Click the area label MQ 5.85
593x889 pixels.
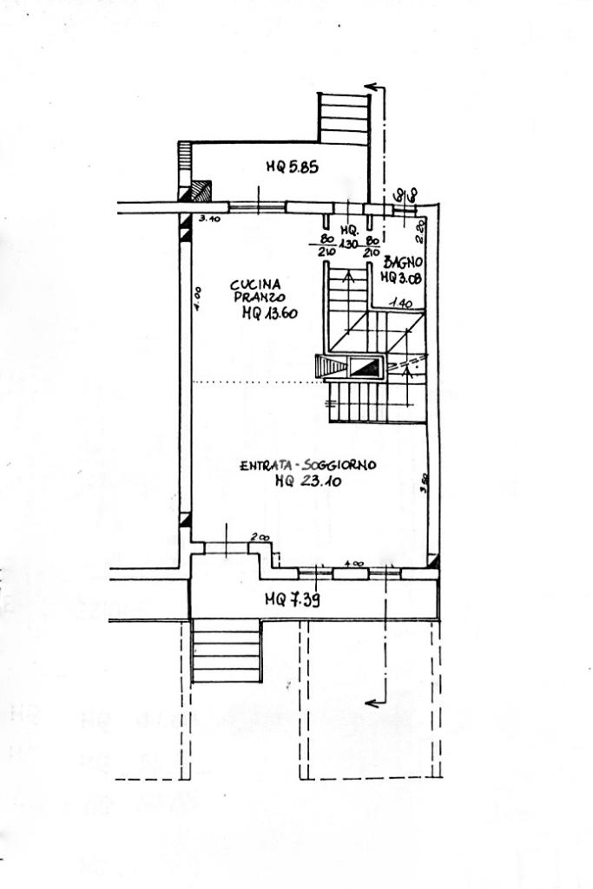[x=292, y=167]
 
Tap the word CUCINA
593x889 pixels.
[x=255, y=284]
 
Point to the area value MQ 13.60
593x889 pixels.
[x=269, y=314]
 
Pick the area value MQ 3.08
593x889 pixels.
[x=401, y=278]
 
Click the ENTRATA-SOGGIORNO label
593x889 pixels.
[x=307, y=467]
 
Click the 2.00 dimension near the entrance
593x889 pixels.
[x=259, y=538]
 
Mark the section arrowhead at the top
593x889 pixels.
[x=371, y=87]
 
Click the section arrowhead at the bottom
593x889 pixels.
[x=372, y=703]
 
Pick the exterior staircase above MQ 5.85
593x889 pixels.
[x=344, y=118]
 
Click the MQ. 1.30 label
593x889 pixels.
[x=351, y=237]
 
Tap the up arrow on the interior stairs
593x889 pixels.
[x=350, y=278]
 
